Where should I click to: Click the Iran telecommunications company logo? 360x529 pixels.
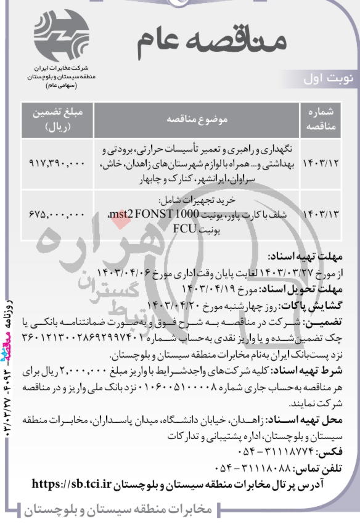[x=60, y=35]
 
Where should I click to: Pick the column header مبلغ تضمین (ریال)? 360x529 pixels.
[x=58, y=119]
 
